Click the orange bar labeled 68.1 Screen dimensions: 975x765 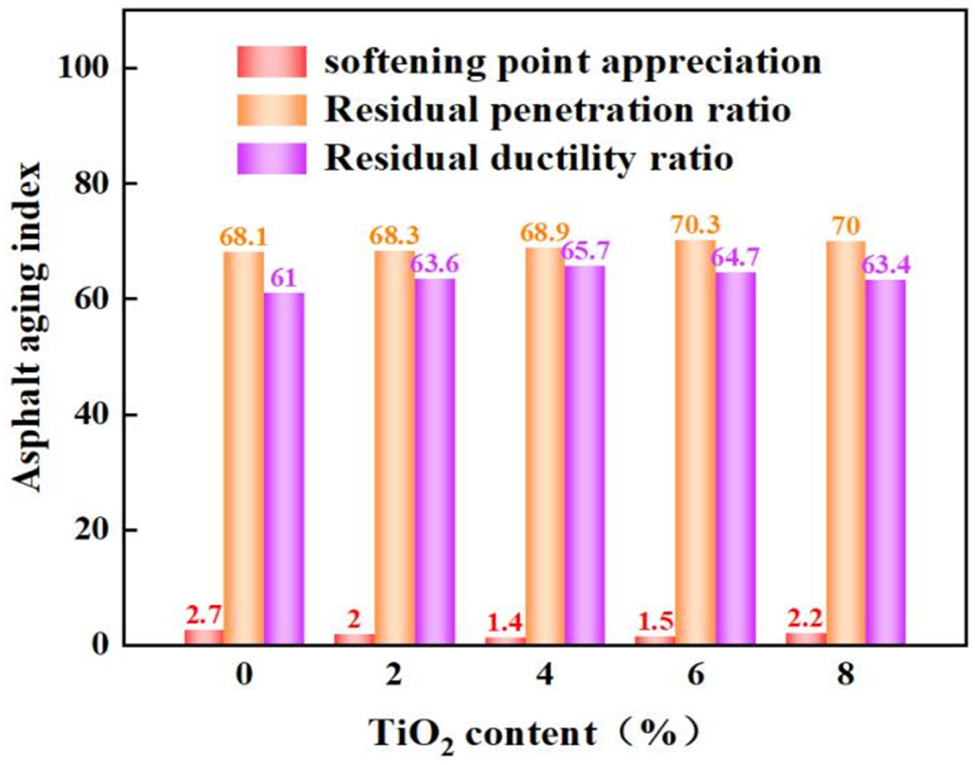[x=244, y=448]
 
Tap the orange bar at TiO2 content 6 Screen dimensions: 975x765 [x=695, y=443]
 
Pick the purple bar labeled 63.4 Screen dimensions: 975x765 [x=886, y=463]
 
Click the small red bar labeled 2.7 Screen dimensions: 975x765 [x=204, y=637]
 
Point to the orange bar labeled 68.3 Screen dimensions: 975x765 [x=395, y=448]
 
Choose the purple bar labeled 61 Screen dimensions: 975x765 [x=284, y=469]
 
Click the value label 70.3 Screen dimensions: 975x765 [x=695, y=225]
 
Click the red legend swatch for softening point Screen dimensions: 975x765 [x=272, y=61]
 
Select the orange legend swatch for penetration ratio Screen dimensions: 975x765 [x=272, y=110]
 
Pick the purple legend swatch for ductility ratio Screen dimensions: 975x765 [x=272, y=158]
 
